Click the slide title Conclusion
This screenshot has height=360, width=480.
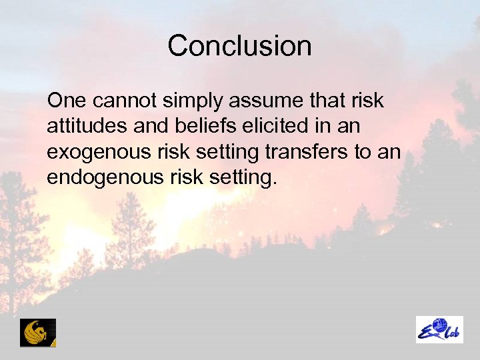(x=239, y=46)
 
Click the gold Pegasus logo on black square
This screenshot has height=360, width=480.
(x=38, y=332)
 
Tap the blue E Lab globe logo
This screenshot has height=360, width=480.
(x=439, y=329)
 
